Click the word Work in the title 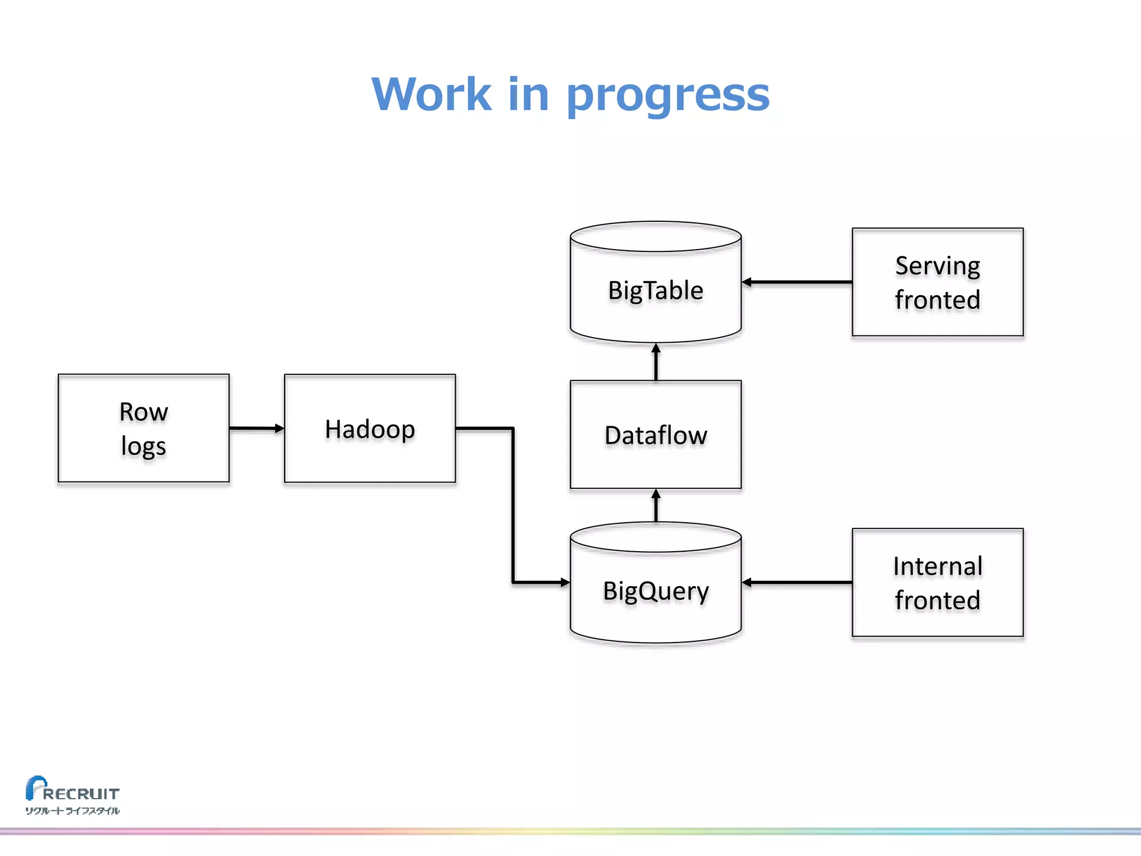click(x=431, y=94)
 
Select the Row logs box click(x=144, y=428)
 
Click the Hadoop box click(x=370, y=429)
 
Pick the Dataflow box click(x=656, y=435)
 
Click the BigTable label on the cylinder click(x=656, y=290)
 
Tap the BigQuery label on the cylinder click(x=656, y=591)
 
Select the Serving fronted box click(x=938, y=282)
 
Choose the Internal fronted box click(x=938, y=582)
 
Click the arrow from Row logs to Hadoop click(x=256, y=429)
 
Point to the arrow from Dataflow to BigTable click(x=656, y=362)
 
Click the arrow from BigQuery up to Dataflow click(x=656, y=505)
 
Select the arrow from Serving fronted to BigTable click(x=797, y=282)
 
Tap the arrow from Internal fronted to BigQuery click(x=797, y=582)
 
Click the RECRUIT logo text click(x=81, y=793)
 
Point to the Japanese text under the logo click(x=72, y=811)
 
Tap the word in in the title click(x=528, y=94)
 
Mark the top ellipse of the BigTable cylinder click(x=656, y=237)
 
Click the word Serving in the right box click(x=938, y=266)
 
